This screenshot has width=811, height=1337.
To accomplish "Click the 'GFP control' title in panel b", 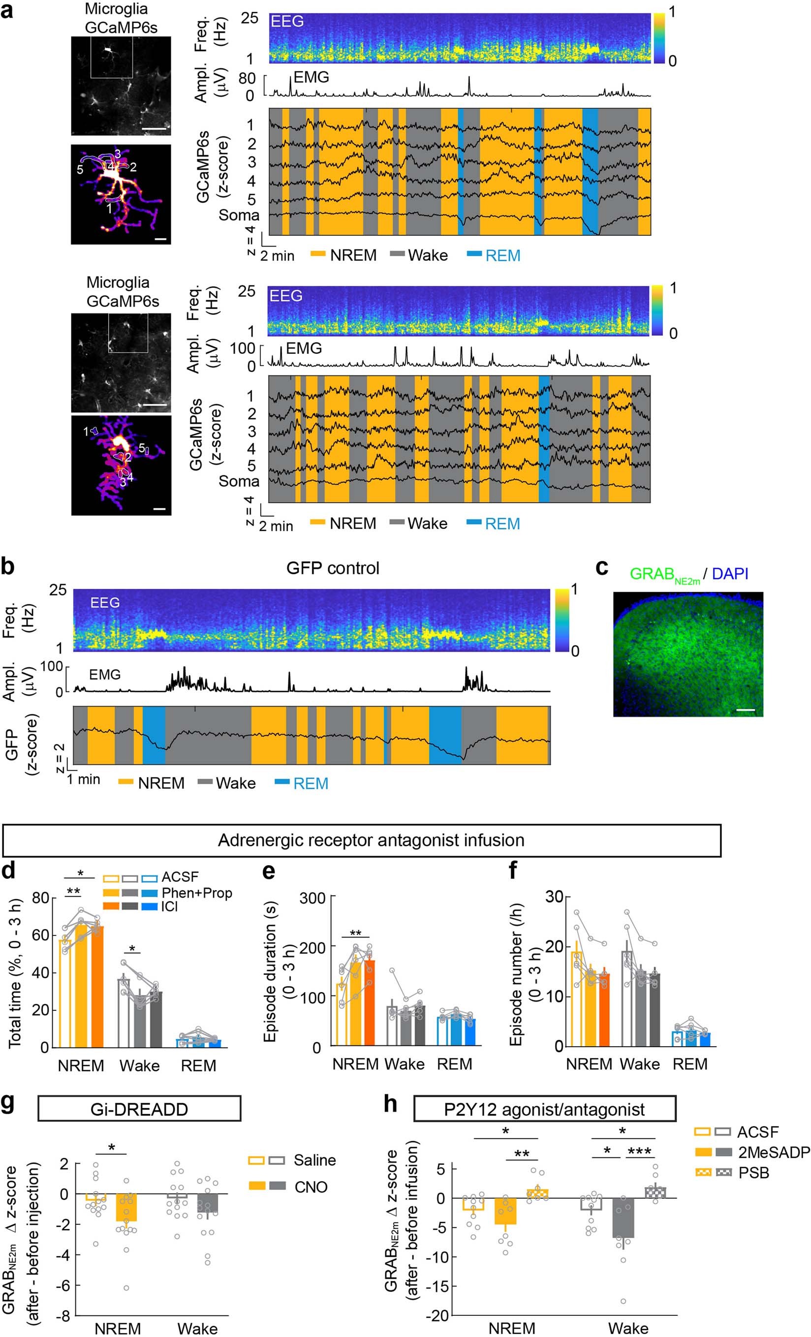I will click(333, 568).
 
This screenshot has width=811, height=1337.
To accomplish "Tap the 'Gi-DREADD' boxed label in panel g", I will click(139, 1109).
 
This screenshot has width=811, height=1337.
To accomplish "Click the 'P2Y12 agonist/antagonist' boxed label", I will click(544, 1109).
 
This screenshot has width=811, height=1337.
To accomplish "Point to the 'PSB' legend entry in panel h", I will click(753, 1173).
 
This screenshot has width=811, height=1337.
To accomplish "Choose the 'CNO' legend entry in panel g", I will click(311, 1187).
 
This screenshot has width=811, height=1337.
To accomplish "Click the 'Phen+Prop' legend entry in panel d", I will click(196, 893).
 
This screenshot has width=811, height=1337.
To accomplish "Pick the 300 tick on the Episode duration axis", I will click(312, 898).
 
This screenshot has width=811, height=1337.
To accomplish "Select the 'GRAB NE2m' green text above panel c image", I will click(664, 575).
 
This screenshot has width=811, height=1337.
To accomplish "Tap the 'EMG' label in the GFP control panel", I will click(105, 675).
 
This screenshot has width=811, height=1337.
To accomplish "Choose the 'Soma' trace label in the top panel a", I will click(239, 215).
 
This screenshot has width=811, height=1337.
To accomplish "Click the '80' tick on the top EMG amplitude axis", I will click(247, 79).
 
